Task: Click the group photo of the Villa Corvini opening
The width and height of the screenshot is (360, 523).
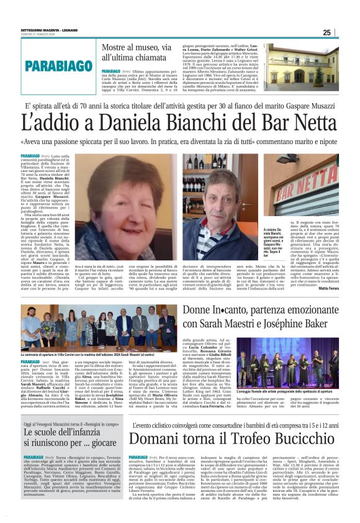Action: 91,328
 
